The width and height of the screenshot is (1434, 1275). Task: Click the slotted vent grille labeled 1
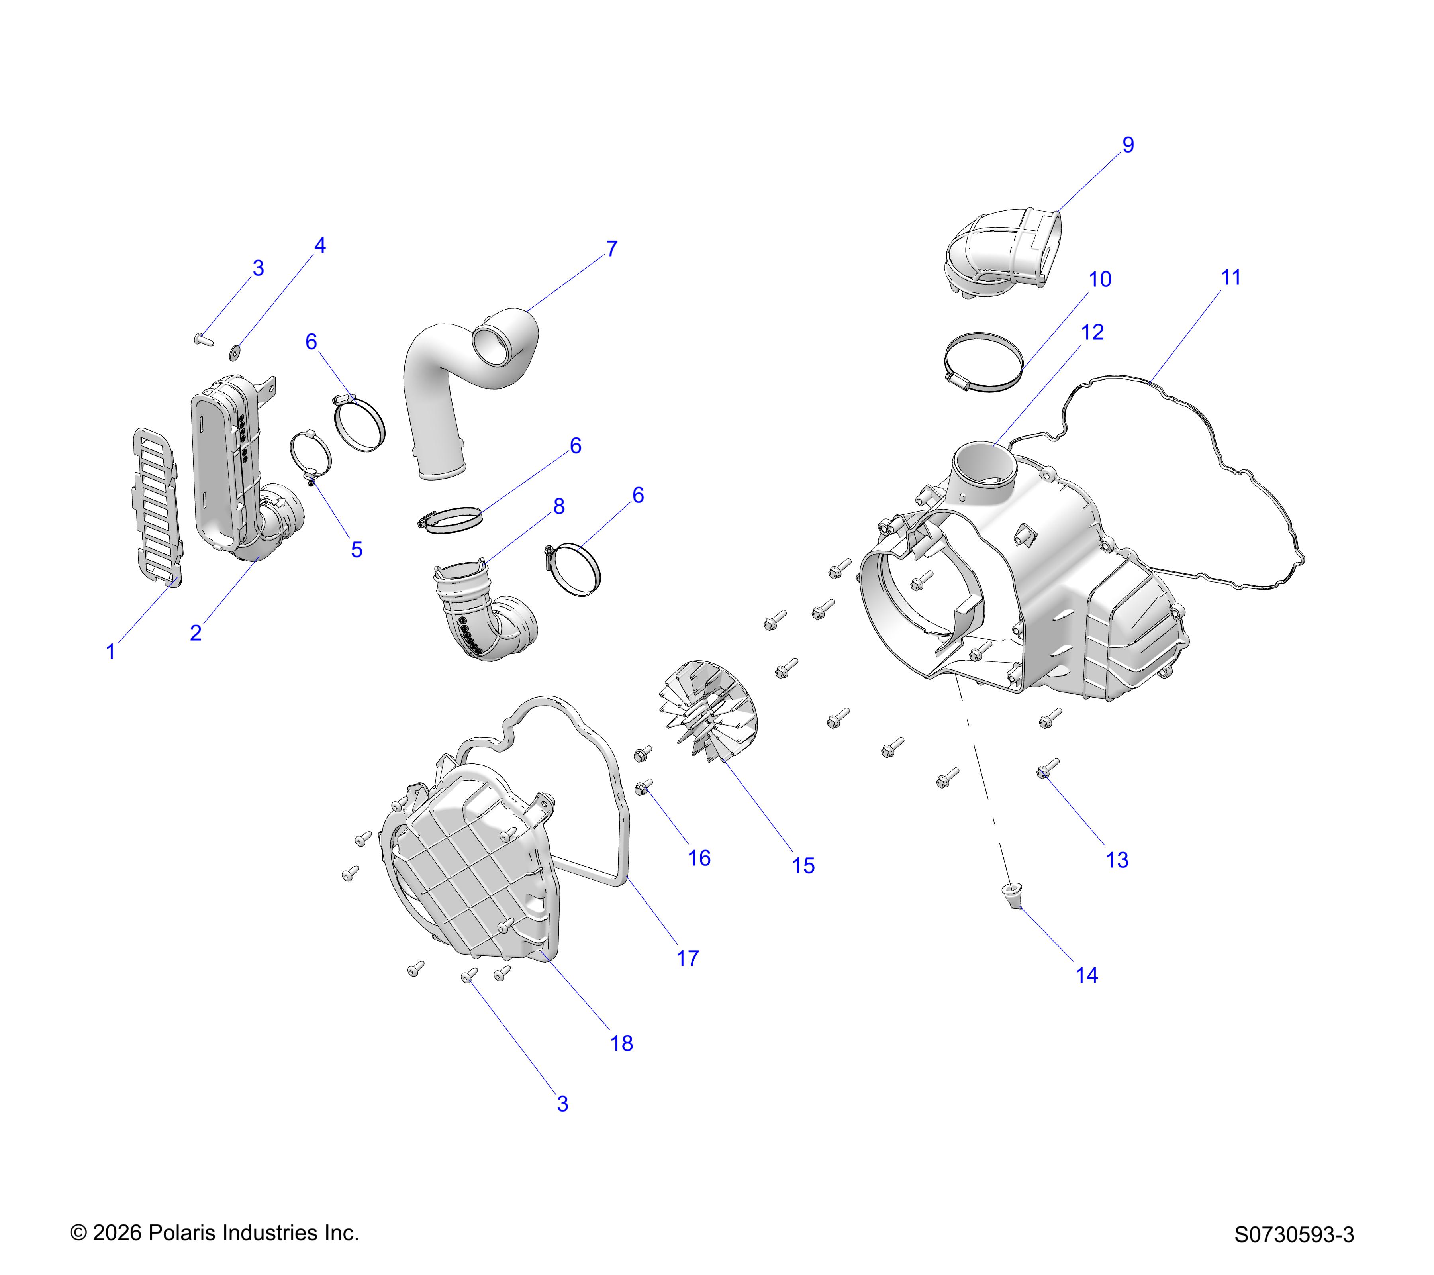coord(157,507)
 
